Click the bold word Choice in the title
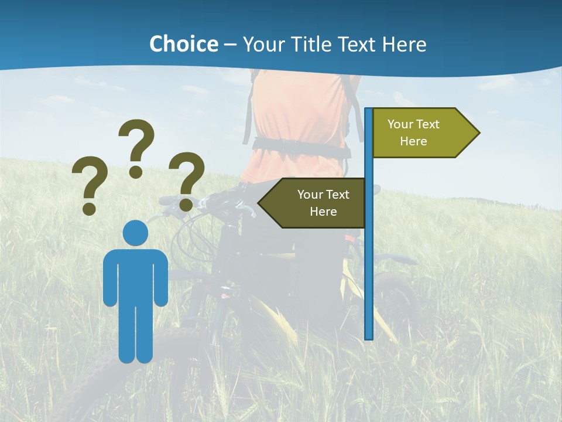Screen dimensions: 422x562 tap(183, 44)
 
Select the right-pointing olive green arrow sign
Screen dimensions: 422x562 tap(421, 133)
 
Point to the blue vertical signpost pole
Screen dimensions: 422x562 tap(369, 264)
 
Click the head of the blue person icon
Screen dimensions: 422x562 tap(135, 233)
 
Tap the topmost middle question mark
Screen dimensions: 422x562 tap(137, 147)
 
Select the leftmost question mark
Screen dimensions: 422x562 tap(89, 184)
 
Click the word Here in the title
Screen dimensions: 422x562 tap(404, 44)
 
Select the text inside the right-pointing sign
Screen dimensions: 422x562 tap(413, 132)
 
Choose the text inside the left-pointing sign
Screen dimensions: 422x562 tap(323, 203)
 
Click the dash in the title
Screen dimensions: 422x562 tap(230, 45)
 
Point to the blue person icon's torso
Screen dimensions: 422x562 tap(135, 275)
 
